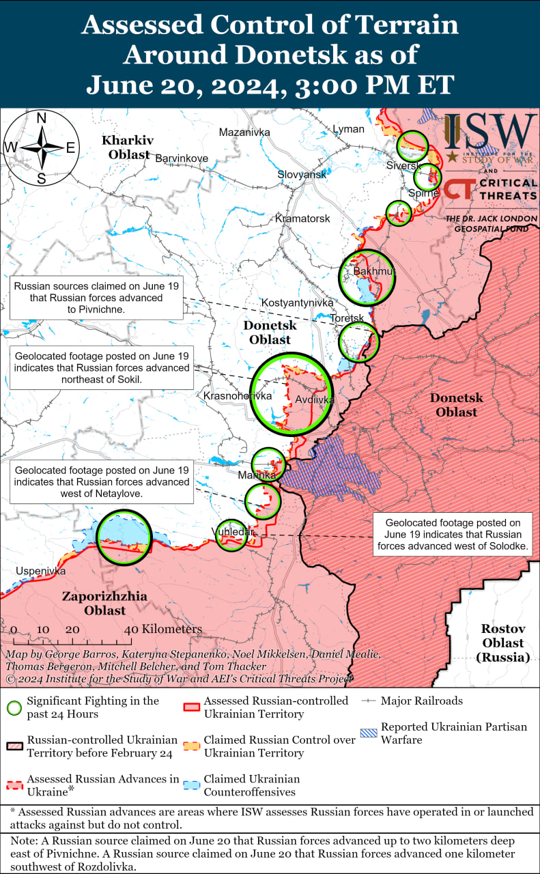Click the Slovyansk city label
click(302, 175)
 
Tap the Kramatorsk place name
click(302, 218)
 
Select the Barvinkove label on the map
click(182, 158)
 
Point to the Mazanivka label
click(244, 132)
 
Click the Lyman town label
click(348, 129)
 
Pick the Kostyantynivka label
click(298, 302)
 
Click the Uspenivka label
click(41, 571)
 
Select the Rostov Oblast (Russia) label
click(502, 643)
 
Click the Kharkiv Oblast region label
click(127, 147)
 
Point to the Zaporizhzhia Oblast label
click(104, 603)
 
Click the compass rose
click(41, 147)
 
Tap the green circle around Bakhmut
click(367, 277)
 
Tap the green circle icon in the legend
click(14, 707)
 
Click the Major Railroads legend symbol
click(369, 701)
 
